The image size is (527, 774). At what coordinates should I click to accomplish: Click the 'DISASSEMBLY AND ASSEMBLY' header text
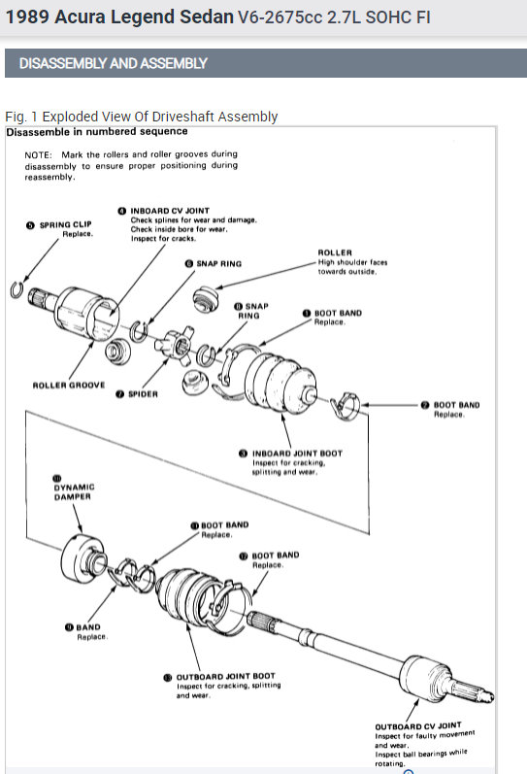click(113, 64)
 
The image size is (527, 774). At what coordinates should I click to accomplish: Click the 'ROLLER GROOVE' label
click(68, 386)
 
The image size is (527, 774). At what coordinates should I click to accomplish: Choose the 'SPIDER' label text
click(141, 394)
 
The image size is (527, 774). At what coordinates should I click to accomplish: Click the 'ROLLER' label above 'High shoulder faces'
click(335, 252)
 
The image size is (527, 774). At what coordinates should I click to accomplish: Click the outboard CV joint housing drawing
click(427, 677)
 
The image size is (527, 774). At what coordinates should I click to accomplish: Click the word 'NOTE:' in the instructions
click(40, 154)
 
